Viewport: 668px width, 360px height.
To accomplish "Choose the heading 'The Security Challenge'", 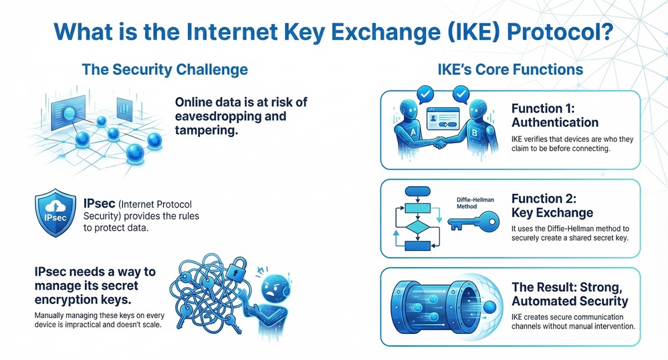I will coord(164,69).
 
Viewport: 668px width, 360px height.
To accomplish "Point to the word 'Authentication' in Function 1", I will coord(554,122).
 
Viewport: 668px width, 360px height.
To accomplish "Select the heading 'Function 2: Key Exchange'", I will coord(552,205).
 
